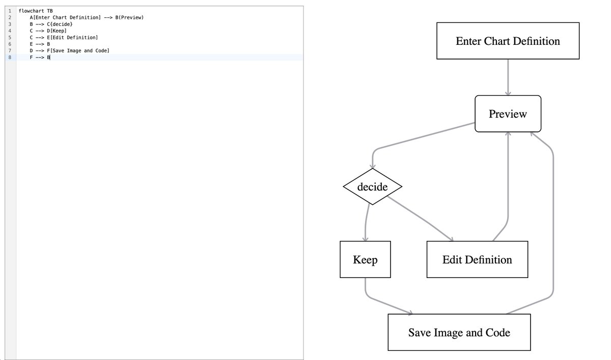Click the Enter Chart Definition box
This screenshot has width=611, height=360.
click(508, 41)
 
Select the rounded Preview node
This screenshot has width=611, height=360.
click(508, 114)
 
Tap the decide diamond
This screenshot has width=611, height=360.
click(372, 187)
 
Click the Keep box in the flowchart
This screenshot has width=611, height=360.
click(365, 260)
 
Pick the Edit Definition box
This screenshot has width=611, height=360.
click(477, 260)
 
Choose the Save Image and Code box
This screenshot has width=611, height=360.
click(459, 333)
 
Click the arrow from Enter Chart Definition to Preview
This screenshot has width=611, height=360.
click(508, 76)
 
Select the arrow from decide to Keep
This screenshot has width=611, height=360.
click(366, 221)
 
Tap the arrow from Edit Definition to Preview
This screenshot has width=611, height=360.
click(508, 188)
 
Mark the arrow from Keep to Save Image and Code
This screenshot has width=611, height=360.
click(382, 303)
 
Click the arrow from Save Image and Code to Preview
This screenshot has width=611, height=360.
click(552, 229)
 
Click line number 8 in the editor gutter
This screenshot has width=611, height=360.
click(9, 58)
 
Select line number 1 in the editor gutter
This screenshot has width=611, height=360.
click(9, 11)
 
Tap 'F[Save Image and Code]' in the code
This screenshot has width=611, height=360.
click(78, 50)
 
